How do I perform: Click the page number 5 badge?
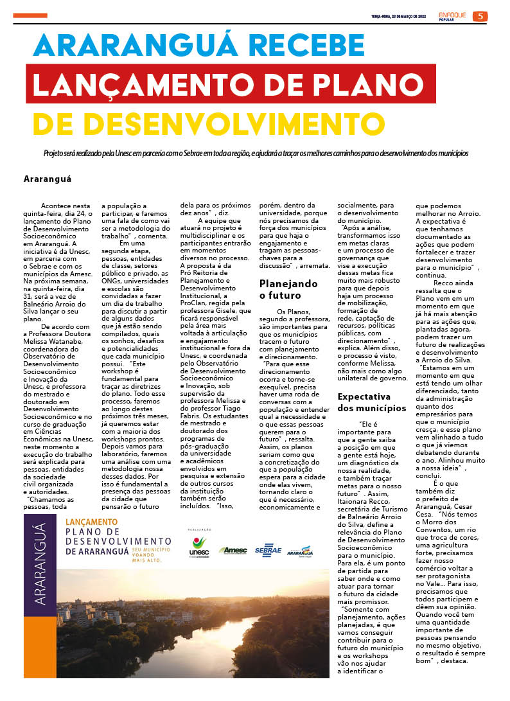[480, 16]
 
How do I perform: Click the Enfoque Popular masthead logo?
[453, 16]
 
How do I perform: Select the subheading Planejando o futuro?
[288, 289]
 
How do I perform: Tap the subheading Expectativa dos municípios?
[372, 402]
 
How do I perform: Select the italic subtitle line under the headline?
[256, 154]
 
